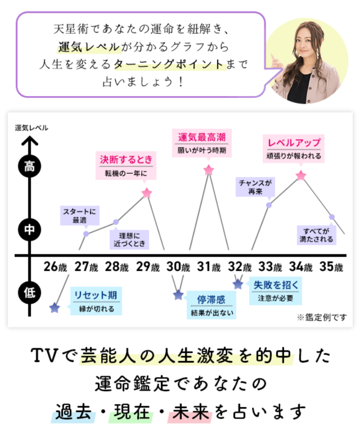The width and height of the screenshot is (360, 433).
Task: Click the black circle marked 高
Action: coord(30,166)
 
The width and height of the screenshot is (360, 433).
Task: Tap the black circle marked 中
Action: coord(30,229)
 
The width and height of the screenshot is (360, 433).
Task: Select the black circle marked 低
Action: coord(30,292)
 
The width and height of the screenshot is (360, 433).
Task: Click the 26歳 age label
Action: coord(55,267)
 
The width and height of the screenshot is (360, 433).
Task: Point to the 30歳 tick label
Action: coord(178,267)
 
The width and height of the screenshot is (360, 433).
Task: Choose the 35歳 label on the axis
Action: coord(331,267)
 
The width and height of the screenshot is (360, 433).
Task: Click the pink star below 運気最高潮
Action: coord(209,170)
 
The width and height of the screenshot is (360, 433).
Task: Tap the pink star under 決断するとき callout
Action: coord(147,193)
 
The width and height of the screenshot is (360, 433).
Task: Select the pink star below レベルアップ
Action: coord(301,175)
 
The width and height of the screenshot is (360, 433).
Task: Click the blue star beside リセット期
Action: coord(55,308)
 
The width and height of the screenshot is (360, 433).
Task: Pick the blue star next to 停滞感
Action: coord(178,295)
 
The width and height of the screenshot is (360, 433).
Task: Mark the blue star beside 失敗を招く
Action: coord(238,284)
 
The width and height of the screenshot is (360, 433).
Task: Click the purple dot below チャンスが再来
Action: coord(269,205)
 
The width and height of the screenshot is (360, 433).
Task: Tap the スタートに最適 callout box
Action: coord(80,215)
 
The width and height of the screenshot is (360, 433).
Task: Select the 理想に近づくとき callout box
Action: coord(129,240)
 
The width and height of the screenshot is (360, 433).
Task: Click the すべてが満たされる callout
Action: coord(317,235)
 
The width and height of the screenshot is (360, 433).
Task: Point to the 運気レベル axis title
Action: coord(31,128)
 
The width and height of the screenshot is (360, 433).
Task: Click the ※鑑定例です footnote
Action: coord(322,318)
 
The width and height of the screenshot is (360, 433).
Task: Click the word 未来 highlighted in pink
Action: coord(191,412)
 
